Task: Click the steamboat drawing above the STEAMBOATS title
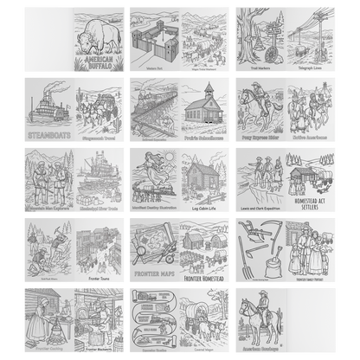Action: pyautogui.click(x=48, y=106)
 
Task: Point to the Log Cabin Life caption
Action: pyautogui.click(x=205, y=209)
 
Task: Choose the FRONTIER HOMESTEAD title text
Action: pyautogui.click(x=204, y=280)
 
